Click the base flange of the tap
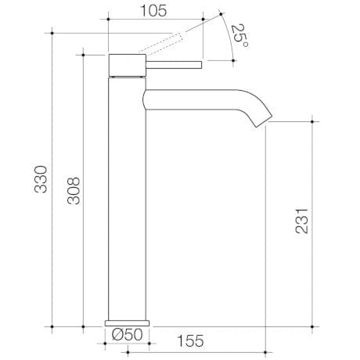[127, 322]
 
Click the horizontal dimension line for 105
[156, 17]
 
